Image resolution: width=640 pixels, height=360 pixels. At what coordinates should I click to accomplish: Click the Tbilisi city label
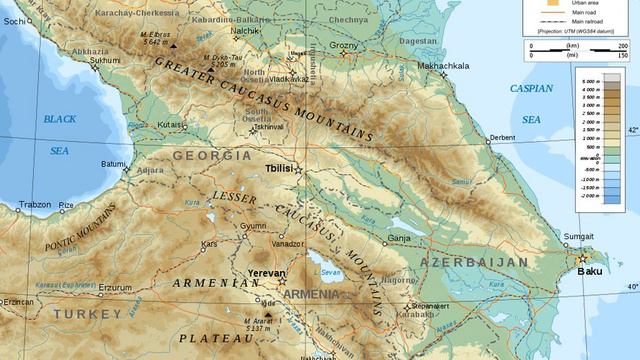(279, 168)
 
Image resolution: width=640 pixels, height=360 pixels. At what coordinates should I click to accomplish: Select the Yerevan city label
(266, 273)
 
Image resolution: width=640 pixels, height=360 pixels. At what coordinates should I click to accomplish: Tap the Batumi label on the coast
(113, 164)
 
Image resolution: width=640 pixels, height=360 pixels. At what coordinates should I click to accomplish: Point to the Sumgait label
(580, 236)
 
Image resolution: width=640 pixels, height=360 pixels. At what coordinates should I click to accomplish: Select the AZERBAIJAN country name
(473, 262)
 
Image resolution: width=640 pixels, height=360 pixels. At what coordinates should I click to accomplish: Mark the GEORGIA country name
(211, 156)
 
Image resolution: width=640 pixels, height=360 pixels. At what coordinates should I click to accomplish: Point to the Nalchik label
(245, 31)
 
